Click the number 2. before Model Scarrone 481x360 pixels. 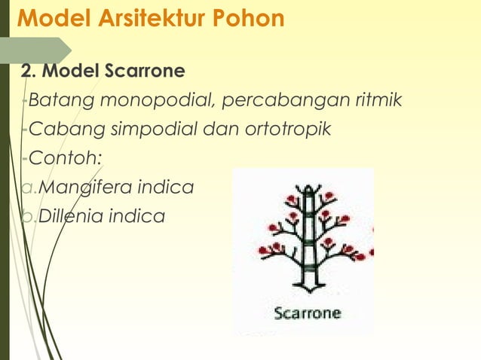28,72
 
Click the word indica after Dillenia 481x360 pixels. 137,216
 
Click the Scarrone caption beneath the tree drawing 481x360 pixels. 307,313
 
